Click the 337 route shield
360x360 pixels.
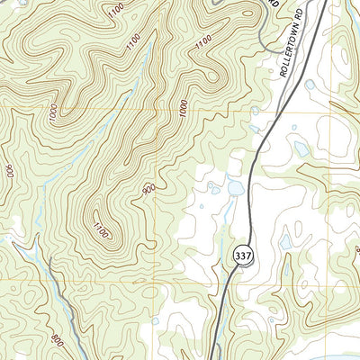tap(242, 256)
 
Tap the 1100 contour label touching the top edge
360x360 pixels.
tap(114, 12)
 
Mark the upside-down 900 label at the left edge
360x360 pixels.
tap(9, 171)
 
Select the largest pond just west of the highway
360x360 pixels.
tap(235, 188)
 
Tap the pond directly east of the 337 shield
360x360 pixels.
tap(285, 241)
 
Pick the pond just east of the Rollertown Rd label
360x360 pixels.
tap(310, 86)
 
